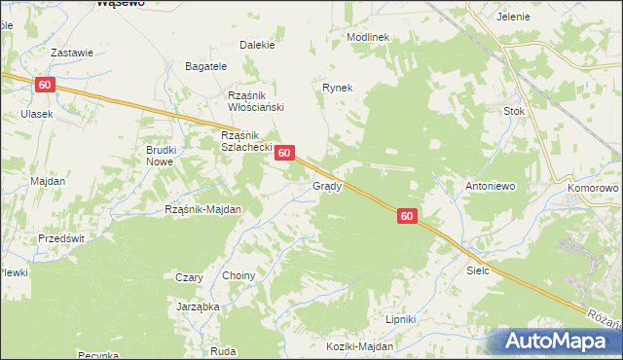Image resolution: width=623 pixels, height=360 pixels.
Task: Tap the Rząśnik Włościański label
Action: coord(254,101)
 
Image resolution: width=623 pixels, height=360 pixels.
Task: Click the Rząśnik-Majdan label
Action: coord(202,209)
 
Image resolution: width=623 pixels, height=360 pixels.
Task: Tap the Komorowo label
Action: coord(593,185)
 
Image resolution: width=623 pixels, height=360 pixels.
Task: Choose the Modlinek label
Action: coord(367,37)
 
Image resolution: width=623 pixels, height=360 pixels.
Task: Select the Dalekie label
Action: coord(257,45)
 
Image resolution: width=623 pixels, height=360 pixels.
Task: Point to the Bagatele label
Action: coord(206,66)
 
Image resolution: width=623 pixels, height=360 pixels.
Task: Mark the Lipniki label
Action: coord(400,318)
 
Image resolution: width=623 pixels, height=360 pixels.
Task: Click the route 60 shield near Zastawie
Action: coord(45,85)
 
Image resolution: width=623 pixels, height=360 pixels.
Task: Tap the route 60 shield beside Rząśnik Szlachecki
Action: coord(284,153)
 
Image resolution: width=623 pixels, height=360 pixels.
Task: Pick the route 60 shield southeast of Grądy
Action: coord(407,217)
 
